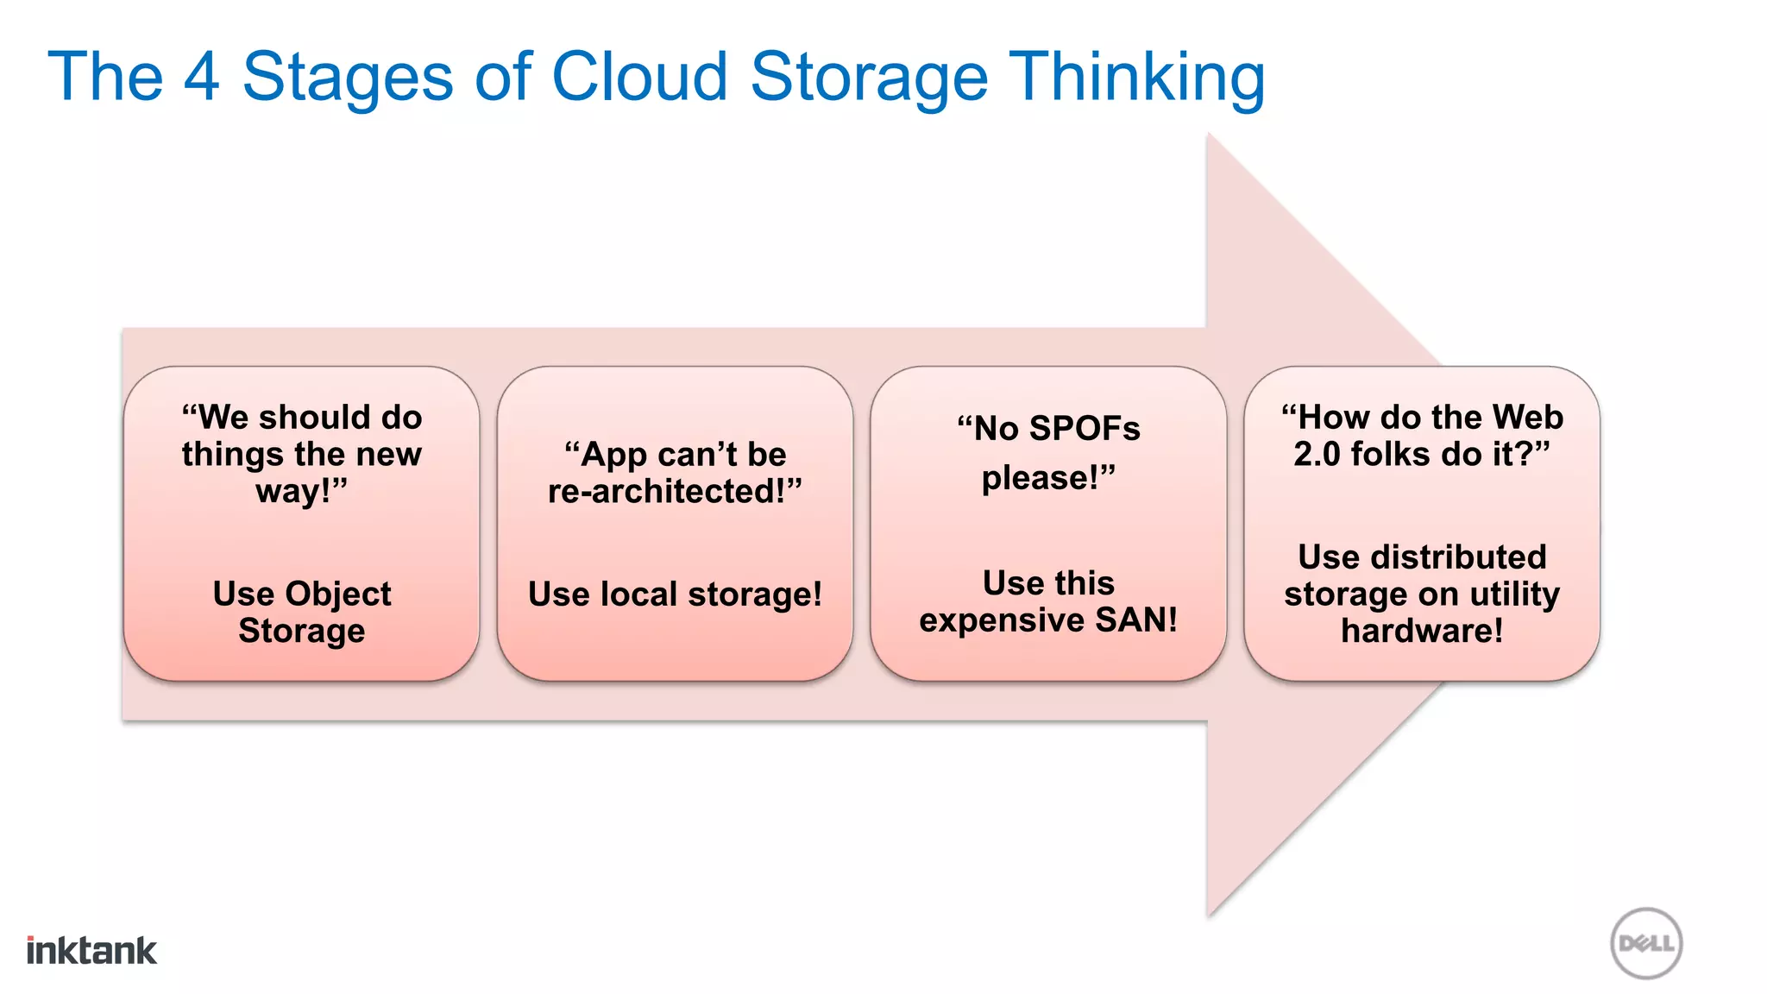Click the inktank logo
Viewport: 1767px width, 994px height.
tap(91, 950)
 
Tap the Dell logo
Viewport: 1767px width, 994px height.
tap(1646, 943)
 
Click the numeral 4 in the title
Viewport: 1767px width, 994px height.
tap(202, 78)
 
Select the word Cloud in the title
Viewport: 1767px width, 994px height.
tap(639, 78)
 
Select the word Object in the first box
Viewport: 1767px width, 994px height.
tap(338, 595)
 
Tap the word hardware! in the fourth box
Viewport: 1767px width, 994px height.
tap(1422, 631)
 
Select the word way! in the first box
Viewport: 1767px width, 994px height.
tap(294, 492)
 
